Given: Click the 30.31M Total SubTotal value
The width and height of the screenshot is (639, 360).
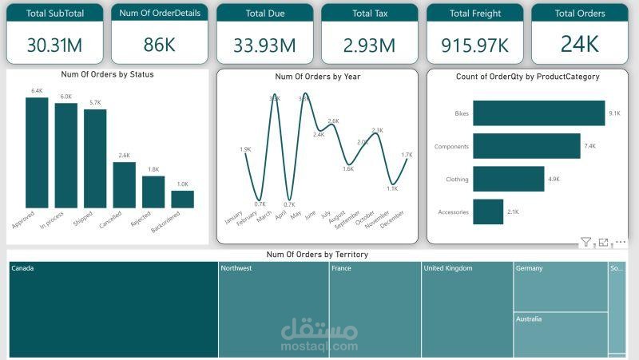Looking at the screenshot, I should coord(54,45).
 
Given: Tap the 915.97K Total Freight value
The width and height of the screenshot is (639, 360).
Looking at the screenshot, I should coord(474,45).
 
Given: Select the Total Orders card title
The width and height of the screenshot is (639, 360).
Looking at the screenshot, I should coord(579,14).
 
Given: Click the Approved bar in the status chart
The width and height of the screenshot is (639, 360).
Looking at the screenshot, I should coord(37,152).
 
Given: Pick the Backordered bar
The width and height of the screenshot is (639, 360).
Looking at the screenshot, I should coord(182,199).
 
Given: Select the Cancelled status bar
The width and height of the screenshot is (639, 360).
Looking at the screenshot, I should coord(124,184).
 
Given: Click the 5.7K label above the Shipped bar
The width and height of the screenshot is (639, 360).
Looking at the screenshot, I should coord(95,103).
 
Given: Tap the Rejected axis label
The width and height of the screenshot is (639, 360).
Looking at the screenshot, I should coord(141,220).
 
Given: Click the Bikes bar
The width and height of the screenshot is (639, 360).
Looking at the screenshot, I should coord(538,113).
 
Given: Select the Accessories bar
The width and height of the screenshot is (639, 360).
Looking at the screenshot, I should coord(488,212).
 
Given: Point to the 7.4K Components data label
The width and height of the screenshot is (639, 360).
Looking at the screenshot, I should coord(590,147).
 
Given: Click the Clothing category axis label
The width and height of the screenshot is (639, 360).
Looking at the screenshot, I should coord(457,180).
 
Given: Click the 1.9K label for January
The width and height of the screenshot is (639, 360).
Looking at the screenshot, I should coord(245,149).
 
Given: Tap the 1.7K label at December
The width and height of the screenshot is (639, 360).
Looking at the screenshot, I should coord(407,155).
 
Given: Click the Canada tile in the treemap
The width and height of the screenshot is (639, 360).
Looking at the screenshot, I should coord(113,310).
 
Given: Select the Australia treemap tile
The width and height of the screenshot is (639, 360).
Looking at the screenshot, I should coord(560,334).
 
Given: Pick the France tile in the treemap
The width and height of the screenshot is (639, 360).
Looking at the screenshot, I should coord(375,310).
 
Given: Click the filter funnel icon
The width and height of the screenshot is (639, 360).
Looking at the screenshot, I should coord(585,242).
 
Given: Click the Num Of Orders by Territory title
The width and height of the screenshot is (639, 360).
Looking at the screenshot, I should coord(317,255).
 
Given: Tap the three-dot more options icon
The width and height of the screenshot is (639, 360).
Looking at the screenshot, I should coord(621,242).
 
